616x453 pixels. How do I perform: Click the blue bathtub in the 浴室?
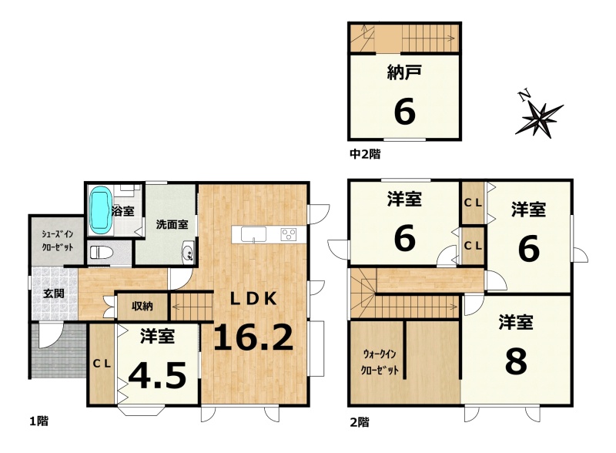point(101,210)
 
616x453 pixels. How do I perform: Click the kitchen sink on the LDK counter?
point(253,234)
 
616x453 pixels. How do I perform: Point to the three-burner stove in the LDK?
point(289,234)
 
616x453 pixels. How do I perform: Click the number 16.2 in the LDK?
point(253,337)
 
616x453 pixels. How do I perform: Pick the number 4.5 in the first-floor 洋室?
point(158,375)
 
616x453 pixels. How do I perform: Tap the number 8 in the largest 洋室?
point(516,362)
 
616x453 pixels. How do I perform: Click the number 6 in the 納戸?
point(404,112)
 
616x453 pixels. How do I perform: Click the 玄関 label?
point(53,294)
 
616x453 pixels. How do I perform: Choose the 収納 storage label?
point(142,306)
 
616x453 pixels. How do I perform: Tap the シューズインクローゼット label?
point(58,240)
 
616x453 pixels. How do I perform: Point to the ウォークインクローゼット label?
point(380,362)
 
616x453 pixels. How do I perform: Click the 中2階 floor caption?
point(365,154)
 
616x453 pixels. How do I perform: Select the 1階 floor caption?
point(39,421)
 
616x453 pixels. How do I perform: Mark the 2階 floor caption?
point(360,423)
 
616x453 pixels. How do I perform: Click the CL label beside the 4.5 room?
point(102,364)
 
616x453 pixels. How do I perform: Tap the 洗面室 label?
point(172,224)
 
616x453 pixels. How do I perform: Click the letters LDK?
point(253,299)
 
